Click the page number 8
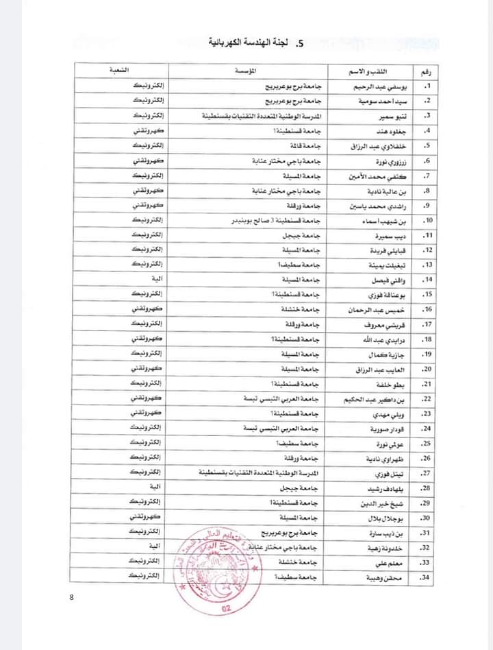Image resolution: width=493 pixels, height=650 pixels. [71, 597]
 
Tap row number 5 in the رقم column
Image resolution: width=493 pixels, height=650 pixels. [426, 145]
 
